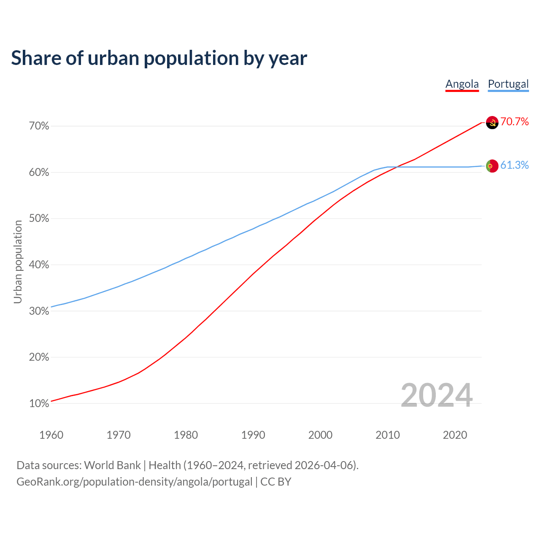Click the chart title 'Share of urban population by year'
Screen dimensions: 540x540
point(159,58)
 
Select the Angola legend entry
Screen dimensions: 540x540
point(462,84)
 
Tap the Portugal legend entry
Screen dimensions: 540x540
point(508,84)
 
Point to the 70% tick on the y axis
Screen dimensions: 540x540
point(39,126)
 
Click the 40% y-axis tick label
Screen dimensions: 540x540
point(39,265)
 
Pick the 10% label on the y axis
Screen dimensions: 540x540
point(39,404)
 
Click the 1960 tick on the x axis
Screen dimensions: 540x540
point(51,435)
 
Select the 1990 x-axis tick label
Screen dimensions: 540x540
point(253,435)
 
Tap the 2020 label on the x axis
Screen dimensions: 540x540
point(455,435)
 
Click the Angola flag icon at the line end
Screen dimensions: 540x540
point(492,122)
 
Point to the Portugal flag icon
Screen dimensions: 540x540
point(492,166)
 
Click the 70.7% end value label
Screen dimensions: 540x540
point(515,122)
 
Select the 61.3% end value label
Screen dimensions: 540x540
point(515,165)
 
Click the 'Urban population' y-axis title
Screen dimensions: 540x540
point(18,262)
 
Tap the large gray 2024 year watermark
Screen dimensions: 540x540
point(437,395)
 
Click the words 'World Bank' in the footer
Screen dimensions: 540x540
point(112,465)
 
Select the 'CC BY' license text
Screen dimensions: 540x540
point(276,482)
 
